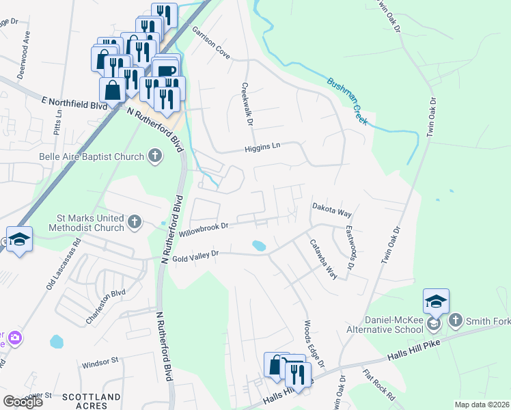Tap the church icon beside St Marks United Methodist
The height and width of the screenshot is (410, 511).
[x=135, y=222]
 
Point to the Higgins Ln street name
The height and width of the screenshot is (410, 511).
[x=263, y=147]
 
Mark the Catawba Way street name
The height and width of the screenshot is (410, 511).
[x=323, y=258]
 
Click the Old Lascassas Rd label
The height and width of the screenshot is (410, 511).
[x=64, y=264]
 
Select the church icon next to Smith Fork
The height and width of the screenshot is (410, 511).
[x=455, y=319]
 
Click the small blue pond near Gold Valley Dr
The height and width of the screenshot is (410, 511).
[x=259, y=245]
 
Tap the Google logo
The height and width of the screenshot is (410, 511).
[x=23, y=402]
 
